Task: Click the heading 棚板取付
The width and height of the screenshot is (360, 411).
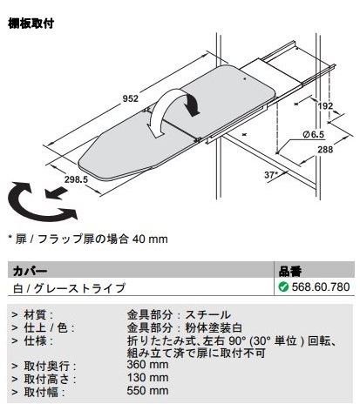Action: pos(31,24)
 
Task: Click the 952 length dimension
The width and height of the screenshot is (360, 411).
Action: pos(131,98)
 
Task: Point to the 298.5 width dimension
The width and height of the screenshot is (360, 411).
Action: pos(76,179)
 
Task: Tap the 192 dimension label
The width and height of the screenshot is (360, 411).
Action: pos(325,105)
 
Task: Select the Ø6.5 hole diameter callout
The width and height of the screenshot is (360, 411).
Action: pos(313,134)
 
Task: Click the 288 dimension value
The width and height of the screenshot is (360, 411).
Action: pos(325,150)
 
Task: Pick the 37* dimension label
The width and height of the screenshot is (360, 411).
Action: pos(271,175)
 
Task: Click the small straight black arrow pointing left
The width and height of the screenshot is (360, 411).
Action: pos(57,193)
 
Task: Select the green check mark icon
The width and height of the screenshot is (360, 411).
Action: pos(283,286)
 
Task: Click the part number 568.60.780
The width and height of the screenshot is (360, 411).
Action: pos(321,286)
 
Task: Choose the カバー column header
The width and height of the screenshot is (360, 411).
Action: pos(30,271)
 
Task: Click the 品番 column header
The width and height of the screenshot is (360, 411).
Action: pos(290,271)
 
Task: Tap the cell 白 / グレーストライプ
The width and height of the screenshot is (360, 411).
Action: pos(69,288)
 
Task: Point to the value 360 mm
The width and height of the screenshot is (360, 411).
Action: pos(147,365)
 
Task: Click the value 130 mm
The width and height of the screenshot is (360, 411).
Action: pos(147,378)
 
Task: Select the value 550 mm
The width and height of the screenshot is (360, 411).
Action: pos(147,391)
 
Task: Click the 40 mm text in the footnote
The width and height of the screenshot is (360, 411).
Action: pos(150,239)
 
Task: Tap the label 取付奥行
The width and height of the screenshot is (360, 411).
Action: pos(46,366)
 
